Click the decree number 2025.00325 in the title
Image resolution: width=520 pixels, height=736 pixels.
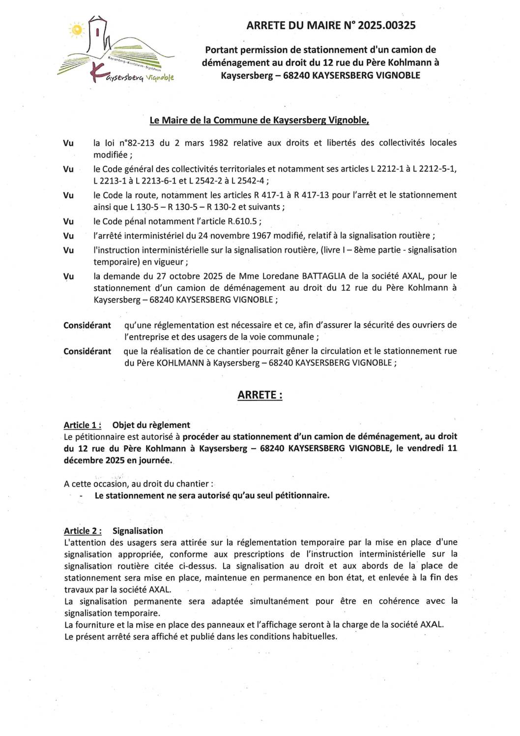tap(386, 26)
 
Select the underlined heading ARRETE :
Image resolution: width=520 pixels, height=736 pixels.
tap(260, 395)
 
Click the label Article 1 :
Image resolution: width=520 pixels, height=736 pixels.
tap(83, 425)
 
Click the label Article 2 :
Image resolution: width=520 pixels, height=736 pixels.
tap(83, 531)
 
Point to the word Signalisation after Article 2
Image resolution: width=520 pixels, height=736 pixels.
tap(138, 531)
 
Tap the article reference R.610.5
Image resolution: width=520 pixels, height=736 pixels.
tap(243, 221)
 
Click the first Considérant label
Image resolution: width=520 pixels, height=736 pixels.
tap(87, 325)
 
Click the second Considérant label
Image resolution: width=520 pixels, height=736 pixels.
tap(87, 351)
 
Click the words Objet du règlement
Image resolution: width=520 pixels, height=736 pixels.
tap(151, 425)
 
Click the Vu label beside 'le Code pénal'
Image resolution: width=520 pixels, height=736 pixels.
tap(68, 221)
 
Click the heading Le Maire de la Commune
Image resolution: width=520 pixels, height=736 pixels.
tap(259, 120)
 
